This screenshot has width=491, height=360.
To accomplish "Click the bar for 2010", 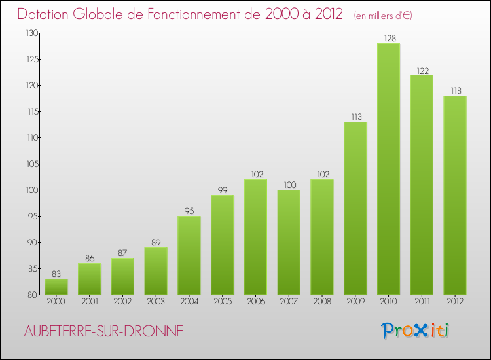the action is point(389,169).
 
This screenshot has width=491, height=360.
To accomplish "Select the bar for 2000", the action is point(56,287).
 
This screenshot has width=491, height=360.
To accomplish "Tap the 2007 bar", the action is point(289,242).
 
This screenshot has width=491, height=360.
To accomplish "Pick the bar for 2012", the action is point(455,195).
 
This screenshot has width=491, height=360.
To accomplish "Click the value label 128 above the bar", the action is point(390,38).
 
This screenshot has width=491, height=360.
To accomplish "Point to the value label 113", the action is point(356,117).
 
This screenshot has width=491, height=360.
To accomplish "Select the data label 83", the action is point(56,274).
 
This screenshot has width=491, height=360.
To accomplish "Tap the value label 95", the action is point(189,211).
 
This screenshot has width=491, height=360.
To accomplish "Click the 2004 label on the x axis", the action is point(189,301).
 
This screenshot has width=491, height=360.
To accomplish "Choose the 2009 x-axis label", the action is point(355,301).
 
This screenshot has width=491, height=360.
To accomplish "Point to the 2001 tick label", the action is point(90,301).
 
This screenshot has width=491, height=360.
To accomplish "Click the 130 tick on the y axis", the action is point(32,33).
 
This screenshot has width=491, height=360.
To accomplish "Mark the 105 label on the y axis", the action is point(32,164).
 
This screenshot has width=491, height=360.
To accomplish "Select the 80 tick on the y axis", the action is point(32,295).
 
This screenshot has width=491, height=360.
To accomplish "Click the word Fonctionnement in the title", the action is point(204,14).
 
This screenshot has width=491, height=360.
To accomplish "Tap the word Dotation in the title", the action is point(43,14).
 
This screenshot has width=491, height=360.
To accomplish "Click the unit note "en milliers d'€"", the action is point(383,16).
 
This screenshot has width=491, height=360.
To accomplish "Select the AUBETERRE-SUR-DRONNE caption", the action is point(103,331).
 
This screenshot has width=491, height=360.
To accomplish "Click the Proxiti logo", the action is point(415,331).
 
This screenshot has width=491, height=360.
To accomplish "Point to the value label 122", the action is point(423,71).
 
